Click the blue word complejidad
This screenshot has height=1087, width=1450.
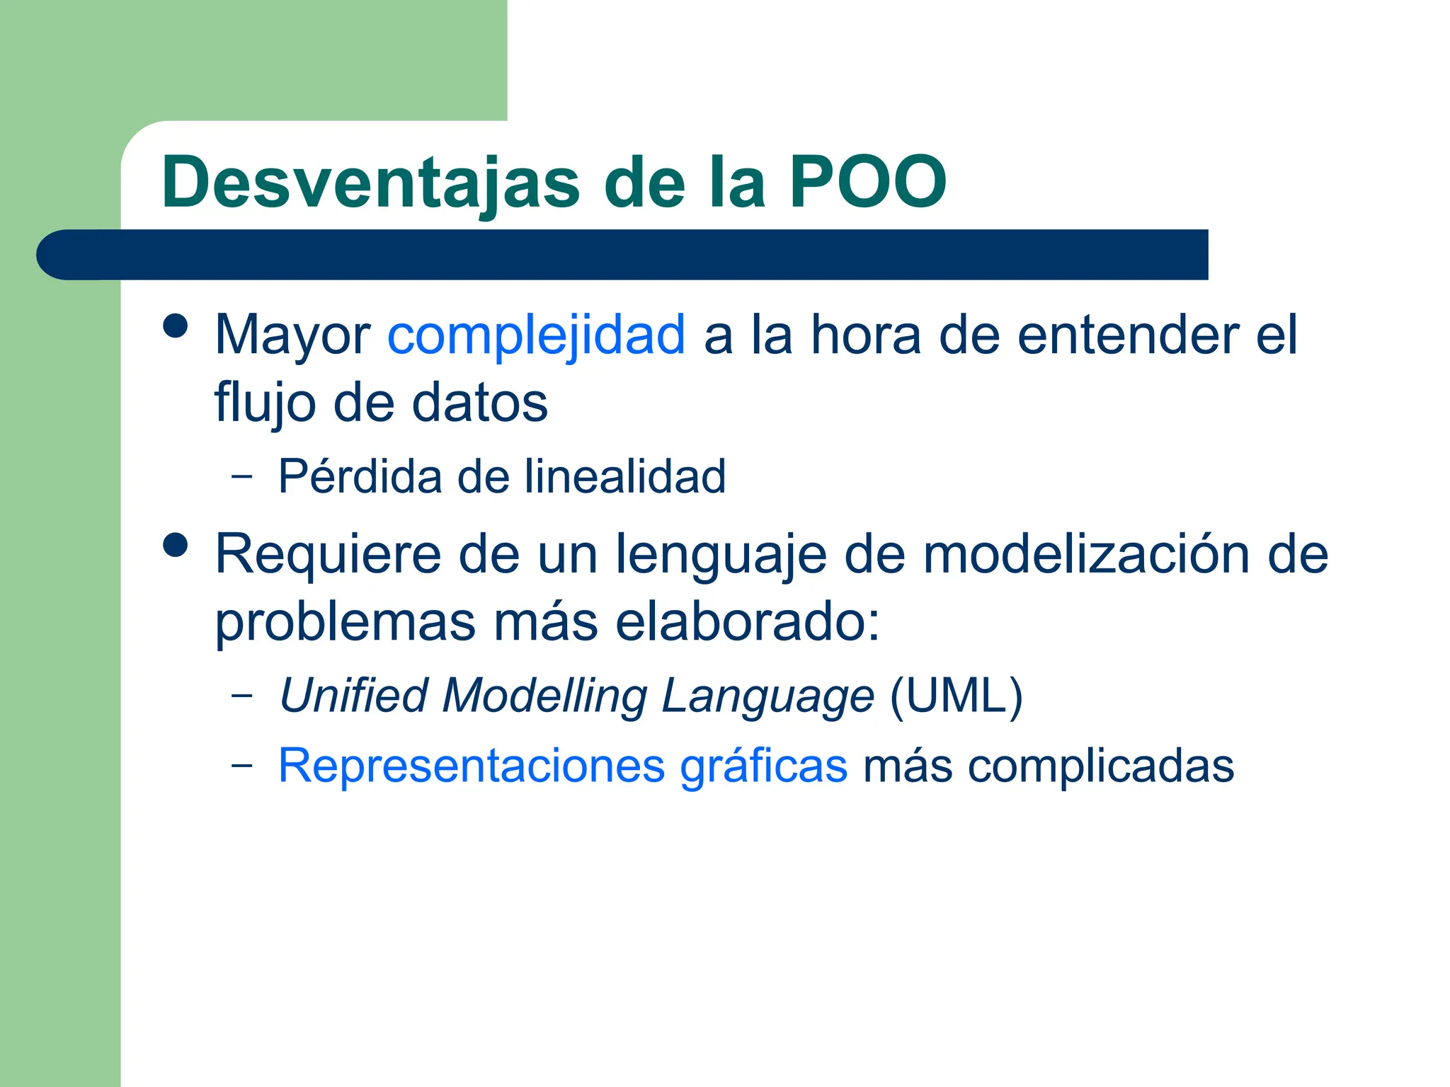(536, 335)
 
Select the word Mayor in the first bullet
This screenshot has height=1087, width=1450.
(292, 336)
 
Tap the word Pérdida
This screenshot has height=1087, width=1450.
(359, 476)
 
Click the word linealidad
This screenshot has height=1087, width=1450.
(624, 476)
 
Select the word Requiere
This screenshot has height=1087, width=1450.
(329, 555)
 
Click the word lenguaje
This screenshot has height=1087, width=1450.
(720, 555)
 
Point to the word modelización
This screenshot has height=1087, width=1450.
(1086, 553)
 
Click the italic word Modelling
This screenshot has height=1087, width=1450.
(544, 695)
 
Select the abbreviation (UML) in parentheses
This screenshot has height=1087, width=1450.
(956, 695)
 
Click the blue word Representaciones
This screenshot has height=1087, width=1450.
(471, 766)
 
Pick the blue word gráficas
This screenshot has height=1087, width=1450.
(763, 766)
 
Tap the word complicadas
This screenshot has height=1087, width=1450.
(1101, 766)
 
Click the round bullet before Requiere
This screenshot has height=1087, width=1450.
(175, 545)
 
